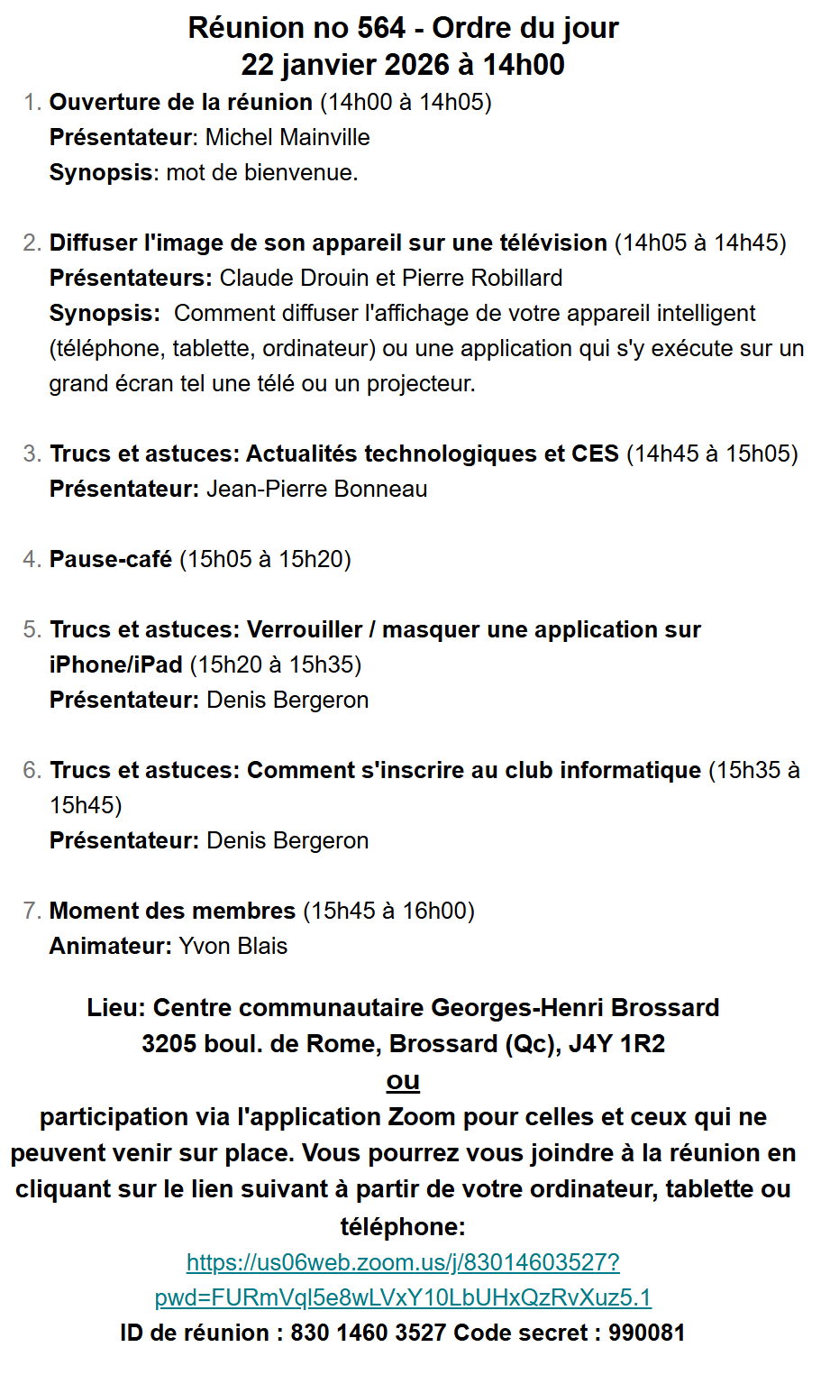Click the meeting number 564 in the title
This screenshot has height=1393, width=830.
tap(381, 28)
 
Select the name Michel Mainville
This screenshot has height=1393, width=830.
tap(287, 137)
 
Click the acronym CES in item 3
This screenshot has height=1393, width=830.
tap(595, 454)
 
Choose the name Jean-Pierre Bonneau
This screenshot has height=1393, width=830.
tap(317, 489)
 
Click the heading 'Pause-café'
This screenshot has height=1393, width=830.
tap(111, 559)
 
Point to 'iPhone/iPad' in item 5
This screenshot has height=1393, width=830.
tap(116, 664)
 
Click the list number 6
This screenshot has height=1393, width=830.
tap(32, 770)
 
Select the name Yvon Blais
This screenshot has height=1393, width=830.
tap(233, 946)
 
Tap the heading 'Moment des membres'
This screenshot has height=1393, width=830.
tap(172, 911)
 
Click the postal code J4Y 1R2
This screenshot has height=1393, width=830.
tap(616, 1044)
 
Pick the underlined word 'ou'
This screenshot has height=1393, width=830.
tap(403, 1080)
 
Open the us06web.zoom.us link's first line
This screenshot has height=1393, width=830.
tap(403, 1262)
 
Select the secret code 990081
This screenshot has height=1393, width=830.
tap(646, 1333)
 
